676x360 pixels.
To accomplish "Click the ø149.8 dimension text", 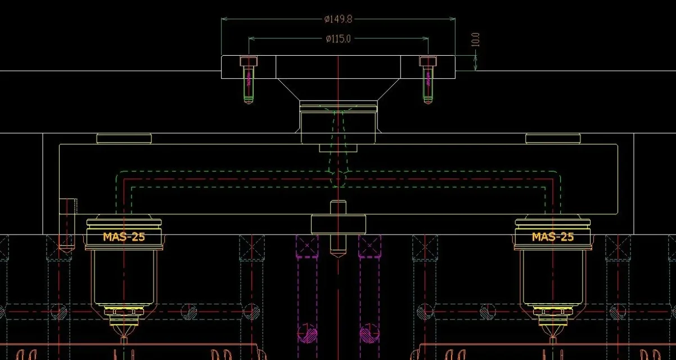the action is click(x=339, y=19).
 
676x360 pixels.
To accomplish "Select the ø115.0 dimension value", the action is click(x=339, y=39).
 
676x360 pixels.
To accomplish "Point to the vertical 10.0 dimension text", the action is click(x=475, y=39).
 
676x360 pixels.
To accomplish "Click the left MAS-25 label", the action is click(x=124, y=237).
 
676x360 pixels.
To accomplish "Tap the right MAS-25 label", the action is click(x=553, y=237).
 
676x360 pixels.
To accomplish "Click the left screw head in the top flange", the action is click(x=249, y=61).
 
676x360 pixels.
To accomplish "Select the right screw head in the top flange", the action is click(x=427, y=61).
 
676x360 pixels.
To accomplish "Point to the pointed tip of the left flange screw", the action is click(x=249, y=103).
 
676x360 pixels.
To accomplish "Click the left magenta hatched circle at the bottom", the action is click(x=307, y=333).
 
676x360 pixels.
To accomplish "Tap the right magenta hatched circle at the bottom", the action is click(x=369, y=333).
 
